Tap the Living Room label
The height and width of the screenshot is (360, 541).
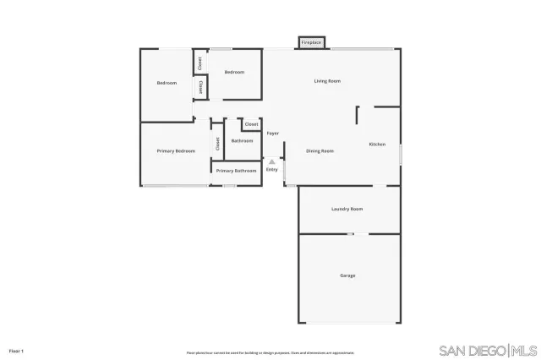coord(327,81)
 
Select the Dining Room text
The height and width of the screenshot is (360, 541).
coord(320,151)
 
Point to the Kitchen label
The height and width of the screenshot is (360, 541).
coord(377,145)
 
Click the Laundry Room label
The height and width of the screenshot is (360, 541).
coord(347,209)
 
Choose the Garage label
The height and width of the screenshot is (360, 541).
coord(347,275)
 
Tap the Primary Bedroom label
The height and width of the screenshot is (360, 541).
coord(176,151)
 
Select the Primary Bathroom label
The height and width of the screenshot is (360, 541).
coord(236,172)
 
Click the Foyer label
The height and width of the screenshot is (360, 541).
coord(273,134)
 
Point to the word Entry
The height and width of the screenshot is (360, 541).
coord(272,170)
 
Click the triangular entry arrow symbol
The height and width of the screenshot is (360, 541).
coord(272,162)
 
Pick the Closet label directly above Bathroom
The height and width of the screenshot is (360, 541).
coord(251,125)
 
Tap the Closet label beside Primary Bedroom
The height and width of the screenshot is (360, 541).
coord(217,144)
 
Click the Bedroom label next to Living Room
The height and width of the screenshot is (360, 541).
coord(234,73)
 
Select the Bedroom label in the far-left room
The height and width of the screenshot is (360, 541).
coord(167,83)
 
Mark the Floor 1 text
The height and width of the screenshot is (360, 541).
coord(16,350)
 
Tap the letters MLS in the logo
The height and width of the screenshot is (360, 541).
coord(524,351)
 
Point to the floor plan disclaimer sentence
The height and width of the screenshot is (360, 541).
coord(270,352)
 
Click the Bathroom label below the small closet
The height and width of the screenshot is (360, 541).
coord(242,141)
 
